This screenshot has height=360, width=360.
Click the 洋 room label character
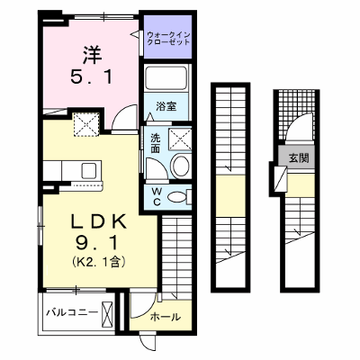tap(92, 56)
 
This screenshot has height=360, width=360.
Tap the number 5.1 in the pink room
tap(92, 76)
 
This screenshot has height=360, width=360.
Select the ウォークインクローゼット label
tap(168, 39)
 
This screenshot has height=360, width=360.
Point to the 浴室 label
tap(166, 106)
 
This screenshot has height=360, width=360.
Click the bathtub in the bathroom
tap(166, 77)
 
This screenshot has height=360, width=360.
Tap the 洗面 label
tap(155, 143)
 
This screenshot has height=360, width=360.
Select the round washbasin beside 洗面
tap(180, 166)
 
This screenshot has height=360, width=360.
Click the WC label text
tap(156, 196)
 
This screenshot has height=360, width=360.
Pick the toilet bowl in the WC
tap(176, 197)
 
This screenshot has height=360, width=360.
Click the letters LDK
tap(98, 222)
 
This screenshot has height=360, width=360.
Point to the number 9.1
tap(96, 243)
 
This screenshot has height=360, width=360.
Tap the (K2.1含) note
tap(98, 262)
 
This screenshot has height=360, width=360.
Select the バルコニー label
tap(72, 312)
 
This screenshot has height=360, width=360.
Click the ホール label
tap(166, 317)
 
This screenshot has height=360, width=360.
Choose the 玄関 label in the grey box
tap(299, 157)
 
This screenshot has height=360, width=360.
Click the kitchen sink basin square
tap(89, 171)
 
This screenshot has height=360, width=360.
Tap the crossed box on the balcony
tap(107, 313)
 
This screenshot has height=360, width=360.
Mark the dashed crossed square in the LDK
tap(86, 124)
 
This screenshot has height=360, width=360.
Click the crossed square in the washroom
tap(180, 139)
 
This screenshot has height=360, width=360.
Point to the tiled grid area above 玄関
tap(295, 114)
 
